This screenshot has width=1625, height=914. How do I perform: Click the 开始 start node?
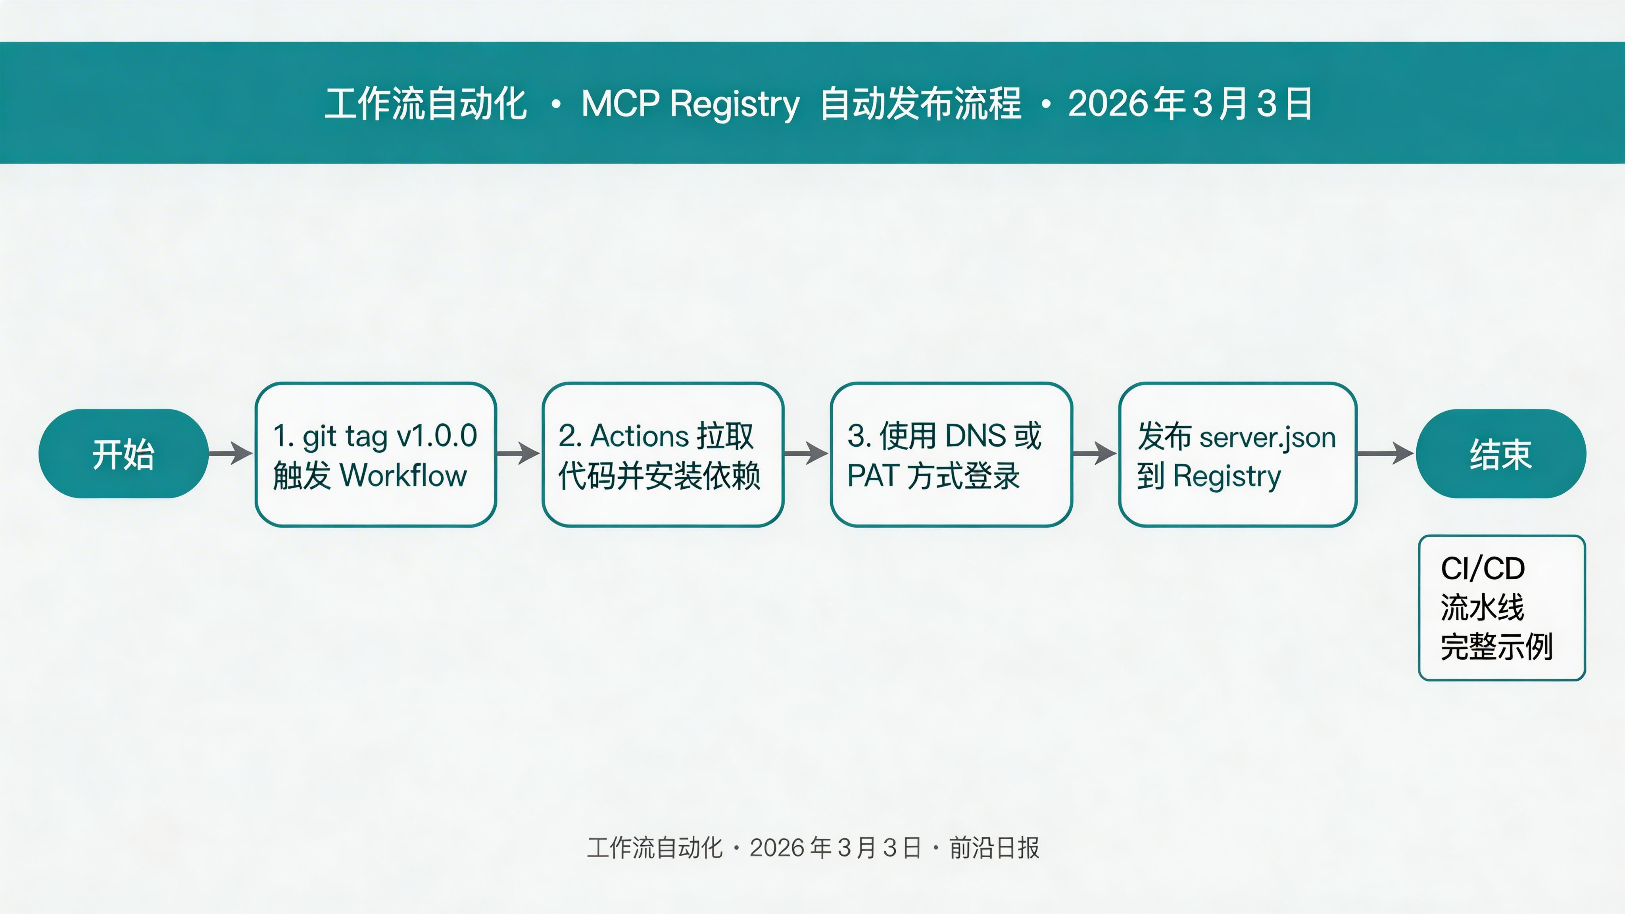[x=123, y=453]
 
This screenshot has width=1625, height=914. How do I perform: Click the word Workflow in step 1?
[x=404, y=476]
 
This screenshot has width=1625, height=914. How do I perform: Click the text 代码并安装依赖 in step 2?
[x=659, y=476]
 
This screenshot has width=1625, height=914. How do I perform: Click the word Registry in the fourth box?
[x=1227, y=476]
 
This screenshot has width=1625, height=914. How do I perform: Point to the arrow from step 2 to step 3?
[x=806, y=453]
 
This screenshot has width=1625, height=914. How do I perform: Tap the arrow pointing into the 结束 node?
[x=1385, y=453]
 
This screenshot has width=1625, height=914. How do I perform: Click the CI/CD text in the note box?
[x=1483, y=568]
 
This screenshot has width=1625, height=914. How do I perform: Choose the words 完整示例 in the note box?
[x=1496, y=647]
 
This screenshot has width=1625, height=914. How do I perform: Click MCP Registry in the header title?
[x=690, y=104]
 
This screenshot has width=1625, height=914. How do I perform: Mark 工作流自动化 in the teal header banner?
[x=425, y=104]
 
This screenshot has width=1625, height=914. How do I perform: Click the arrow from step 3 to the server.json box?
[x=1095, y=453]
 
